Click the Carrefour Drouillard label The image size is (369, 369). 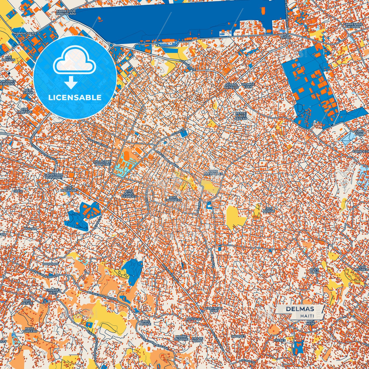point(66,13)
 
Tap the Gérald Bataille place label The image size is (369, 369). point(231,86)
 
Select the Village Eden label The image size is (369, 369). point(248,85)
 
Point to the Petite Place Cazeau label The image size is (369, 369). point(241,116)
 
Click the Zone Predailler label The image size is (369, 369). point(213,172)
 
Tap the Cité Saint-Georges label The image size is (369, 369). point(129,194)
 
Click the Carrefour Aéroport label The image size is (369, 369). point(53,176)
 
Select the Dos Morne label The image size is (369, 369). point(269,210)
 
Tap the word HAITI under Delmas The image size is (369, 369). point(307,316)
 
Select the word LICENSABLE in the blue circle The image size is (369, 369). point(75,98)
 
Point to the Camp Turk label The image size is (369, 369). point(359,133)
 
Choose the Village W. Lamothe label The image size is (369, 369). point(102,163)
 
